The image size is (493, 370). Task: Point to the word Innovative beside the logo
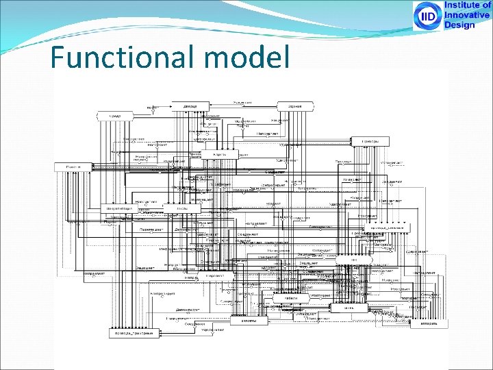467,15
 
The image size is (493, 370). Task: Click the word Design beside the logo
459,25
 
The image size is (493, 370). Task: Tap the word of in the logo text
486,5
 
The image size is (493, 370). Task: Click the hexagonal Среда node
116,116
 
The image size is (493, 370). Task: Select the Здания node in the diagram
294,106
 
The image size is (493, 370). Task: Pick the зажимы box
249,320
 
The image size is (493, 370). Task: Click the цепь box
349,308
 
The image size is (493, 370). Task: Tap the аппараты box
429,323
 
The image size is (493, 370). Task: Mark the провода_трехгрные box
131,333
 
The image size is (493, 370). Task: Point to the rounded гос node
355,260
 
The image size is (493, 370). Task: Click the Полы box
183,208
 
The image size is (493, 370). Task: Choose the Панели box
73,167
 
